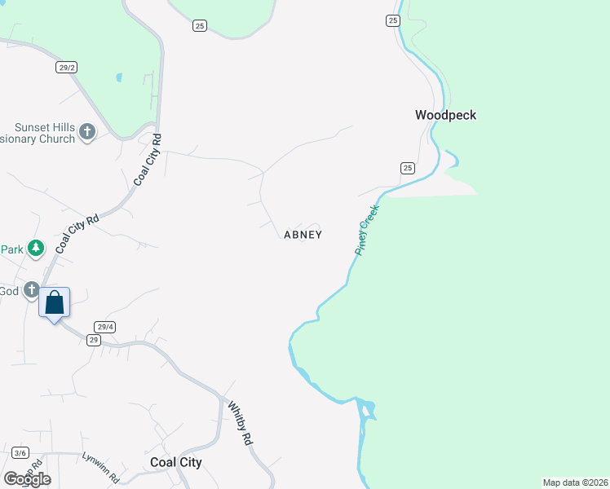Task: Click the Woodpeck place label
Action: pyautogui.click(x=445, y=116)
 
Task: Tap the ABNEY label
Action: pyautogui.click(x=303, y=235)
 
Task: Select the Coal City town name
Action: pyautogui.click(x=176, y=462)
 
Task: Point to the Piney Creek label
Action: pyautogui.click(x=368, y=231)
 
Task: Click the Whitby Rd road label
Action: pyautogui.click(x=239, y=422)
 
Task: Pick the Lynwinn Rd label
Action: pyautogui.click(x=101, y=467)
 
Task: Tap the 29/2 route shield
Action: pyautogui.click(x=67, y=68)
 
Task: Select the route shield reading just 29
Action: pyautogui.click(x=94, y=340)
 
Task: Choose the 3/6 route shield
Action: pyautogui.click(x=20, y=453)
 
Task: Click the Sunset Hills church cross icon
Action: pyautogui.click(x=87, y=131)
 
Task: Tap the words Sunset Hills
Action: pyautogui.click(x=45, y=128)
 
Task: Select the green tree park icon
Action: pyautogui.click(x=35, y=248)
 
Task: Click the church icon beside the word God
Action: pyautogui.click(x=31, y=289)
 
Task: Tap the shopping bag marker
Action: pyautogui.click(x=55, y=303)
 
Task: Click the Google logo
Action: pyautogui.click(x=27, y=478)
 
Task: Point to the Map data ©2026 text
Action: pyautogui.click(x=574, y=482)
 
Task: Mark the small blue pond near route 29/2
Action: pyautogui.click(x=119, y=78)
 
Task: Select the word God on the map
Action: pyautogui.click(x=8, y=291)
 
